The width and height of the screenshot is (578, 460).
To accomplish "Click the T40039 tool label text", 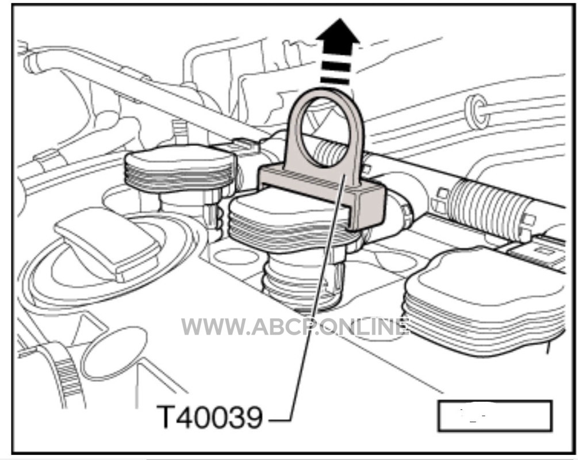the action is (x=209, y=417).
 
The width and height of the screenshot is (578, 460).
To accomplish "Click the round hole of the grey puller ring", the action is (x=324, y=133).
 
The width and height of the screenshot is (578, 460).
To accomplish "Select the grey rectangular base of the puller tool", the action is (x=321, y=195).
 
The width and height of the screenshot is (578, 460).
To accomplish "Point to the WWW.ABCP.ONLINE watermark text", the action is (x=295, y=327).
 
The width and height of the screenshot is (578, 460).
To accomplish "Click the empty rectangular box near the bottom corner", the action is (x=495, y=416).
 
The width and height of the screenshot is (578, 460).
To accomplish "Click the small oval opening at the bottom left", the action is (x=114, y=353).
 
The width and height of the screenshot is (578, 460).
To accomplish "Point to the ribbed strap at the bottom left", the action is (x=68, y=376).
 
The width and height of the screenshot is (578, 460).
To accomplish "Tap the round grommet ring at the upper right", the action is (x=476, y=112).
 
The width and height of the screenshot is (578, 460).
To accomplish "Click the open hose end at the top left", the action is (x=30, y=61).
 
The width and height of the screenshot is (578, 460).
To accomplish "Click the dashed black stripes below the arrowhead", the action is (x=336, y=69).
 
